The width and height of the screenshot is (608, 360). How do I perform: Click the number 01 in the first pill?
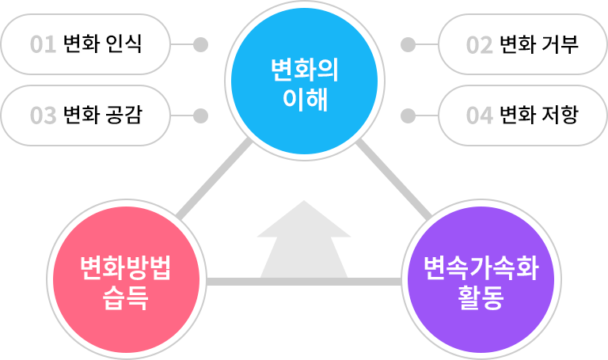pyautogui.click(x=43, y=44)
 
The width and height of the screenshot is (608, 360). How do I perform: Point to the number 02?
pyautogui.click(x=479, y=44)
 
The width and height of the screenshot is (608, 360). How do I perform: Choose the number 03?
pyautogui.click(x=43, y=116)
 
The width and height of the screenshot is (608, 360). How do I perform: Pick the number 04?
pyautogui.click(x=479, y=116)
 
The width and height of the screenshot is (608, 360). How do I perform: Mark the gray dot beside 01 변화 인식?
pyautogui.click(x=200, y=44)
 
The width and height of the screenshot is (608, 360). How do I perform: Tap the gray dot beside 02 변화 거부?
pyautogui.click(x=408, y=44)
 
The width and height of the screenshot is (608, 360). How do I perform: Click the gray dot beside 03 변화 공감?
pyautogui.click(x=200, y=116)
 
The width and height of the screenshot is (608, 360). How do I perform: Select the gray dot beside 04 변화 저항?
pyautogui.click(x=408, y=116)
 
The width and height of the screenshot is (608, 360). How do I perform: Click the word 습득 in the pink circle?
pyautogui.click(x=127, y=299)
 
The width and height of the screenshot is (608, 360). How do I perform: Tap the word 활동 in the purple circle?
pyautogui.click(x=481, y=299)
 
